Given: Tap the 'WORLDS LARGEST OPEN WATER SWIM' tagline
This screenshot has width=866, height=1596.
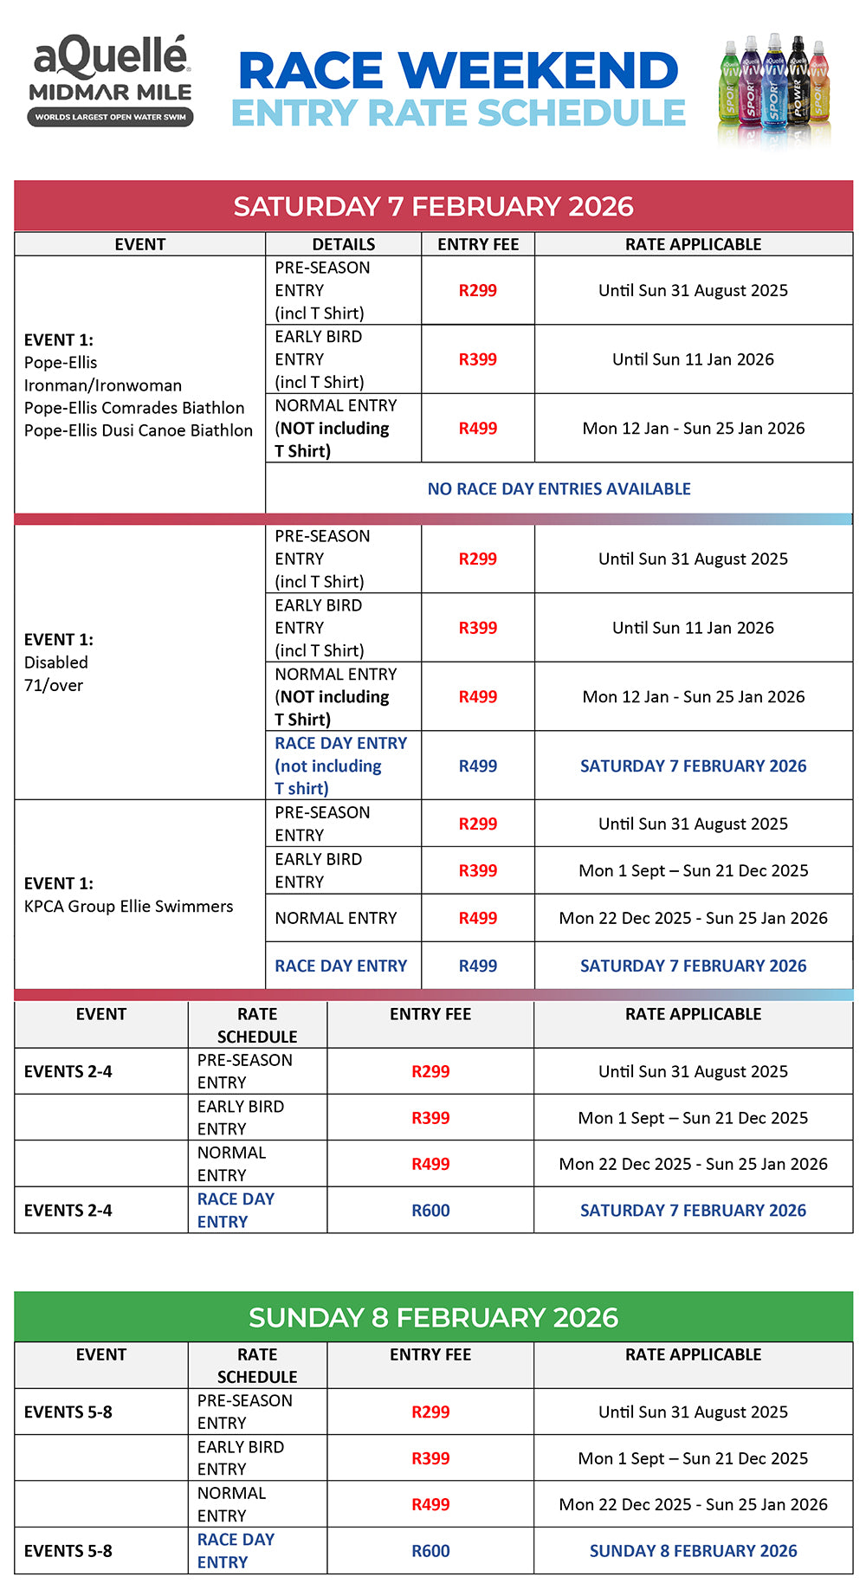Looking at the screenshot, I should tap(110, 117).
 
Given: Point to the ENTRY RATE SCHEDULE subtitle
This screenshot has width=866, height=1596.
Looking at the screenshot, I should tap(458, 113).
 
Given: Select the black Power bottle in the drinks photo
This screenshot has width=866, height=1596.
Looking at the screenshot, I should tap(798, 87).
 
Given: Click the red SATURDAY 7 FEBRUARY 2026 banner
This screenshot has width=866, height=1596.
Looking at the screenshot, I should tap(433, 206).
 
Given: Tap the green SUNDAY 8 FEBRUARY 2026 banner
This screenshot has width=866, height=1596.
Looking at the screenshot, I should tap(433, 1317).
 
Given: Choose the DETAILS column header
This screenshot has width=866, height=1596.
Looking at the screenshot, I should tap(343, 244).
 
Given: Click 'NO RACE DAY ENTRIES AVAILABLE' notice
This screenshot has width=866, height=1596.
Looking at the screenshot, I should tap(559, 488).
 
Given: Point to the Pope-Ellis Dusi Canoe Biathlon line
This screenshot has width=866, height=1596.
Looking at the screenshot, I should tap(139, 430).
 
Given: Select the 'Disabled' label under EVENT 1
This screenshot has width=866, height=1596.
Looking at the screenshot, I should tap(56, 662).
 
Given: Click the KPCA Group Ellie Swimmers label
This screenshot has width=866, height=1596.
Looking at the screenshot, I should tap(128, 907).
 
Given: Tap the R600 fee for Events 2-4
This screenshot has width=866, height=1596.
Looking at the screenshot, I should tap(430, 1211).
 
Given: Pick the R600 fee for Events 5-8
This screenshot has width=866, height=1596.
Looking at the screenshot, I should tap(430, 1551).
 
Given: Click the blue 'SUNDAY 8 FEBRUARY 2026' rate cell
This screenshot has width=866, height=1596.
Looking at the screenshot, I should tap(693, 1551).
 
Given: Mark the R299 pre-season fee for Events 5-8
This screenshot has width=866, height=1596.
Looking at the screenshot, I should tap(430, 1412).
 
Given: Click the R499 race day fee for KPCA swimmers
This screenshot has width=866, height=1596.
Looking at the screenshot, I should tap(477, 966).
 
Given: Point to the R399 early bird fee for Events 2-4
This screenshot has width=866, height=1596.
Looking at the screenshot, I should tap(430, 1118).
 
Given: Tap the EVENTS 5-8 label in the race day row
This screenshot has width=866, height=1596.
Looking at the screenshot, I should tap(68, 1551).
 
